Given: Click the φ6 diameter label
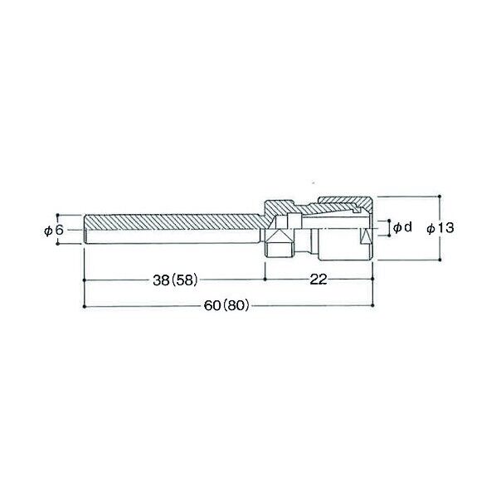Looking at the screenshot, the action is click(54, 231).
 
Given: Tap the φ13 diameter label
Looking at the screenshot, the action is click(440, 228).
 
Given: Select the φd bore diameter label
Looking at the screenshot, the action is click(402, 226).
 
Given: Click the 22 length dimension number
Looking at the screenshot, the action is click(319, 280).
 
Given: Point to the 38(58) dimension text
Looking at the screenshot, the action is click(175, 280).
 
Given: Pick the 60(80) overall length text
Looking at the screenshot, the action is click(226, 305).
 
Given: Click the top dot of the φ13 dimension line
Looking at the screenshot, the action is click(440, 197).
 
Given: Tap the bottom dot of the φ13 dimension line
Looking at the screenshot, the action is click(440, 260).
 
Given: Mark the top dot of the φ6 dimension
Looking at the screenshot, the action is click(57, 215).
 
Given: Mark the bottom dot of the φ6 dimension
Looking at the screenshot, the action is click(57, 243).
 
